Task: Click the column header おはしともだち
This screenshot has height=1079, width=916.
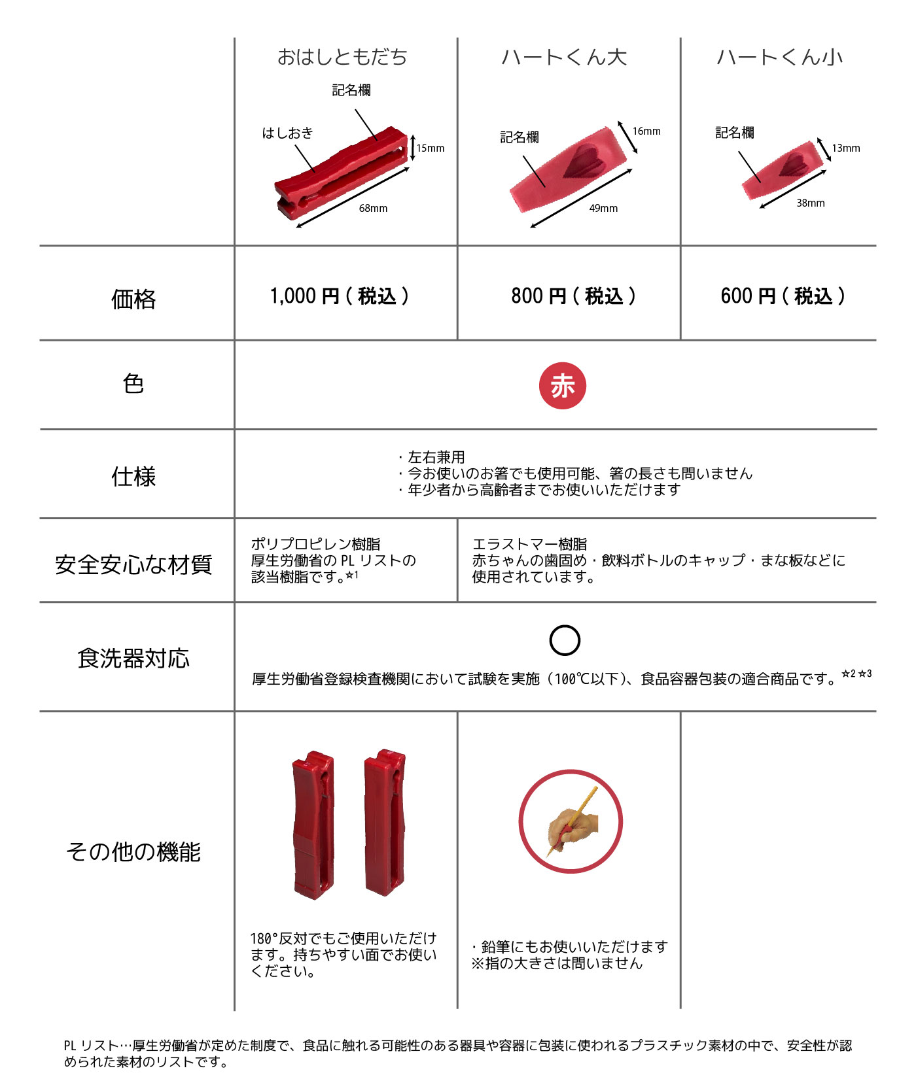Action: pyautogui.click(x=342, y=58)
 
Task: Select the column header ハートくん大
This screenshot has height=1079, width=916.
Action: pyautogui.click(x=564, y=58)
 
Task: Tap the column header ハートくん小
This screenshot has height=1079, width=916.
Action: pyautogui.click(x=779, y=58)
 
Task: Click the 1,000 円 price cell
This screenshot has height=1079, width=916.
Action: pyautogui.click(x=340, y=296)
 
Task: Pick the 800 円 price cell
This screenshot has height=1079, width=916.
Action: pyautogui.click(x=573, y=296)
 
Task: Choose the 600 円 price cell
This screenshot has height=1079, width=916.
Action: pyautogui.click(x=783, y=296)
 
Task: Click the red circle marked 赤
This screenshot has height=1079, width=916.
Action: pyautogui.click(x=562, y=386)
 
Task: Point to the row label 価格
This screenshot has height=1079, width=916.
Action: pyautogui.click(x=133, y=299)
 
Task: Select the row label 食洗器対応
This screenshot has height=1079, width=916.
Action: pyautogui.click(x=133, y=658)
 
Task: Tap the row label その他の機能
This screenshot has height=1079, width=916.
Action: pyautogui.click(x=133, y=852)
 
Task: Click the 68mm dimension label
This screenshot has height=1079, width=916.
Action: pyautogui.click(x=373, y=208)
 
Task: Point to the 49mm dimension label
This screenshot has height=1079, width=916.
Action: pyautogui.click(x=603, y=208)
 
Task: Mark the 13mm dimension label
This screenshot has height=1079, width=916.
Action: pyautogui.click(x=846, y=148)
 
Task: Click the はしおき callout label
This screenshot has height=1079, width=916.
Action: pyautogui.click(x=288, y=133)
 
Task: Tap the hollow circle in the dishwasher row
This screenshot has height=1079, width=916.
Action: pyautogui.click(x=565, y=640)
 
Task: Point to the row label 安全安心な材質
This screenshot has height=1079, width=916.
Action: pyautogui.click(x=133, y=564)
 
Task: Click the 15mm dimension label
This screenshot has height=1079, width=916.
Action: pyautogui.click(x=431, y=148)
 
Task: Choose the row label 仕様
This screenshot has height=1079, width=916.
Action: pyautogui.click(x=133, y=477)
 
